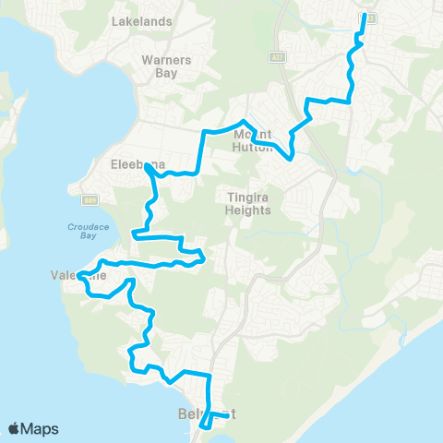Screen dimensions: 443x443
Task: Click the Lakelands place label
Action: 140,19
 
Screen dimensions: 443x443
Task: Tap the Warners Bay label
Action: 166,66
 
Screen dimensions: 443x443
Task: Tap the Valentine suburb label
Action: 79,275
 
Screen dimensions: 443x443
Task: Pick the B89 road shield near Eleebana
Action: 89,199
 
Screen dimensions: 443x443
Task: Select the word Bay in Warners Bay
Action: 166,73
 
